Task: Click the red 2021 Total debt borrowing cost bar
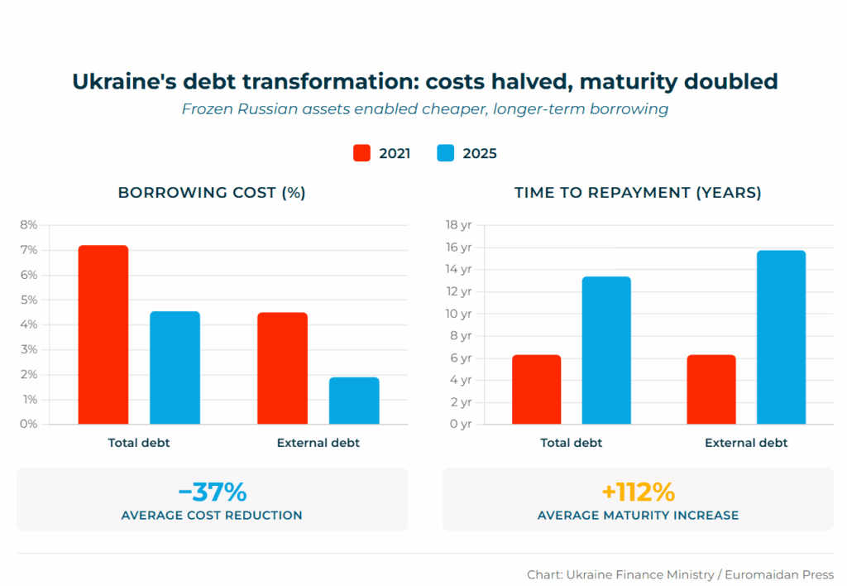pos(103,334)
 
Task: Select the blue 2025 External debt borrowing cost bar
pos(354,401)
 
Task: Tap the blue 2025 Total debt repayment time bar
pos(606,350)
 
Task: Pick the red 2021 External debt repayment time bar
pos(711,389)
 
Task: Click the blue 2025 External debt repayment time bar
pos(781,337)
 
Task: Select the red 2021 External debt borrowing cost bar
pos(283,367)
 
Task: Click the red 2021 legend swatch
pos(361,153)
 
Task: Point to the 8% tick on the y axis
pos(29,225)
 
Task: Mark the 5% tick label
pos(29,300)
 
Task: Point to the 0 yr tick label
pos(460,424)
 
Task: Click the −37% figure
pos(212,492)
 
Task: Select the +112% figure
pos(638,492)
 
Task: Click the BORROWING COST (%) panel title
pos(212,193)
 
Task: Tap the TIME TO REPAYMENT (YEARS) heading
pos(638,193)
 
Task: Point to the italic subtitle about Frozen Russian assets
pos(424,109)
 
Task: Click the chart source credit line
pos(680,574)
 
